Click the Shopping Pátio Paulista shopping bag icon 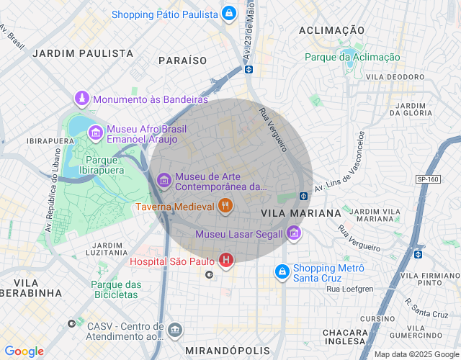tap(228, 13)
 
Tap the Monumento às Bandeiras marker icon tap(83, 99)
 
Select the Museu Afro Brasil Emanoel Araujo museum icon tap(95, 133)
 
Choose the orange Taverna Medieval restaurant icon tap(225, 207)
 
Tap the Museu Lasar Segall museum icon tap(293, 233)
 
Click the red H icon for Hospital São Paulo tap(225, 260)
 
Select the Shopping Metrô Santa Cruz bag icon tap(282, 272)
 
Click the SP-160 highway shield tap(448, 179)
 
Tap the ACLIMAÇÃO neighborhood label tap(331, 30)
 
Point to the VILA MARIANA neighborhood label tap(300, 214)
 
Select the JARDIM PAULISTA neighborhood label tap(83, 53)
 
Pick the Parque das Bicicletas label tap(115, 289)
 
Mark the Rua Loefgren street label tap(350, 289)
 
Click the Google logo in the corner tap(23, 351)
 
